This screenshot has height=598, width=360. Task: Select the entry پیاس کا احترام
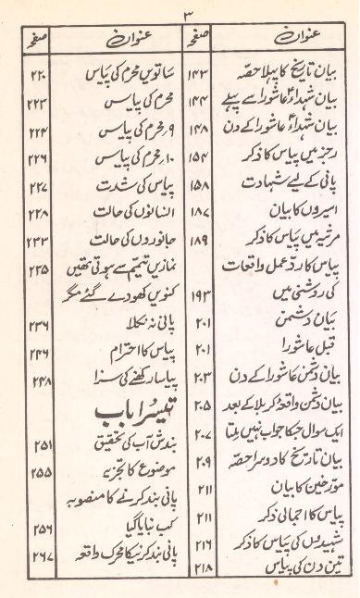[118, 351]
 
